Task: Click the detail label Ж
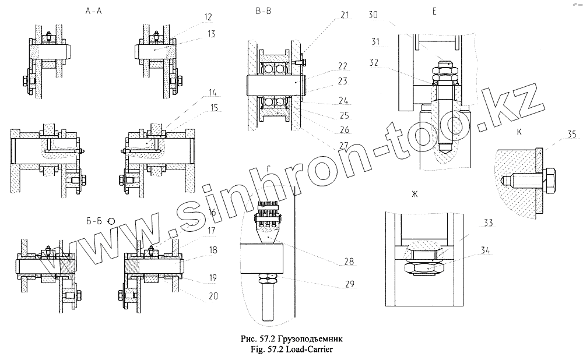[416, 193]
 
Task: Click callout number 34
[484, 252]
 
